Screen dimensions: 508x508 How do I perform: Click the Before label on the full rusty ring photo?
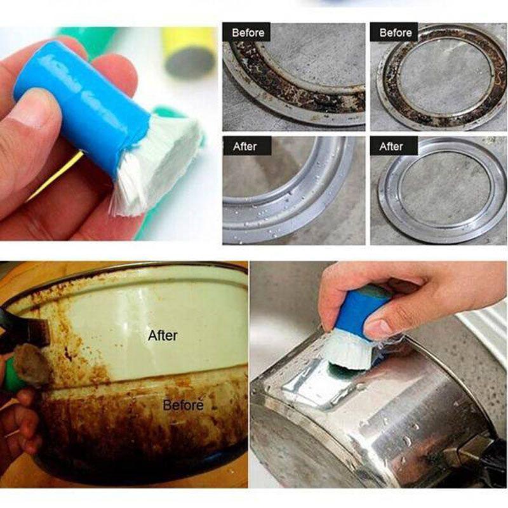click(394, 32)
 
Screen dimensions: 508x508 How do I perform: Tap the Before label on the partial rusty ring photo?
click(247, 32)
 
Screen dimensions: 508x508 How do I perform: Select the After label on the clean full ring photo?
click(391, 147)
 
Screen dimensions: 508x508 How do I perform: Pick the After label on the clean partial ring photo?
click(244, 147)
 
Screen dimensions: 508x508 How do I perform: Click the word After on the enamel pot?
click(163, 335)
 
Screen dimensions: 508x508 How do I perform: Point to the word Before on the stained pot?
click(183, 404)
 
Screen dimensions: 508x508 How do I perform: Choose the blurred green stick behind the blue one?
click(89, 38)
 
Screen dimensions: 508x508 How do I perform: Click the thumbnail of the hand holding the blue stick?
click(32, 111)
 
